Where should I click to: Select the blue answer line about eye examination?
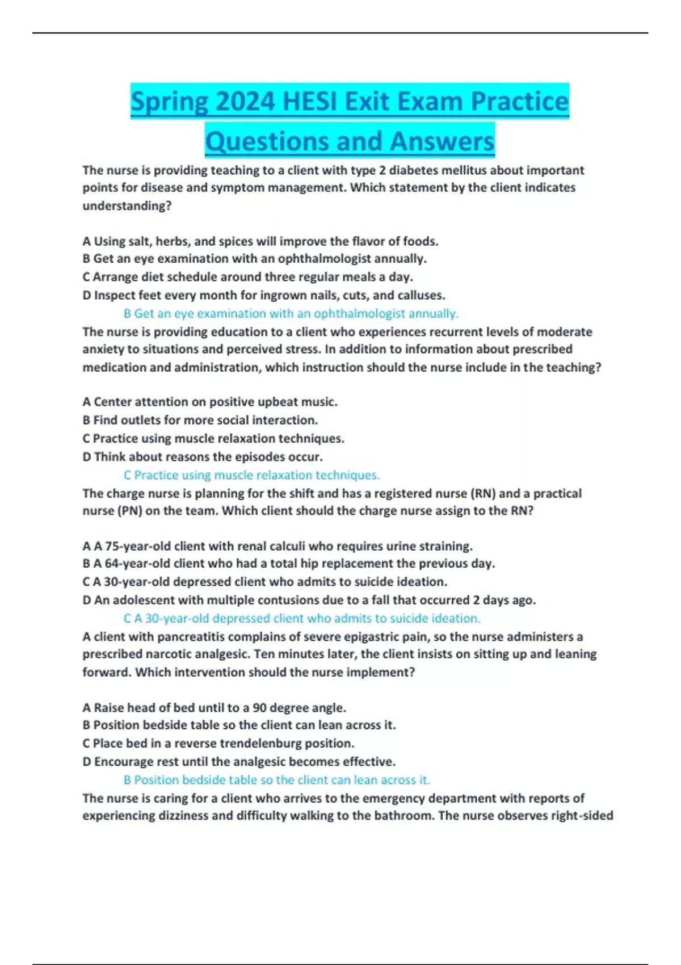point(291,313)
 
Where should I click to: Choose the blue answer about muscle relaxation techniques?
point(251,475)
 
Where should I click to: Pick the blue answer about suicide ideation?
point(302,618)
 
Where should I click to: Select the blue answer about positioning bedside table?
point(276,780)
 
